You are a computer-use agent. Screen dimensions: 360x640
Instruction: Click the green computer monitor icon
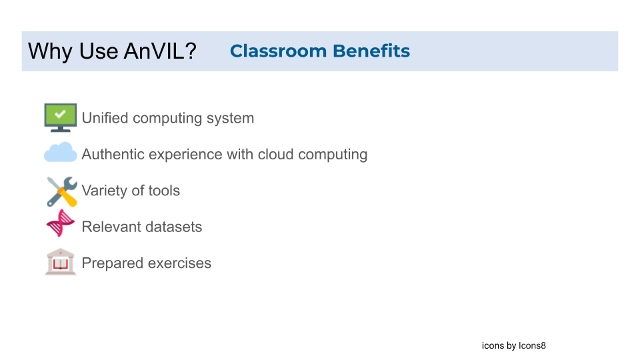point(60,117)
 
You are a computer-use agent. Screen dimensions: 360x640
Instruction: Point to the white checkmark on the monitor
point(60,114)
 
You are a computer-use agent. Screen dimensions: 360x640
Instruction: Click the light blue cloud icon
point(60,153)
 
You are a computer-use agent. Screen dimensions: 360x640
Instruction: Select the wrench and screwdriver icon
point(61,191)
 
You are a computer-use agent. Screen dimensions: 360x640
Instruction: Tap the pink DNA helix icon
point(60,223)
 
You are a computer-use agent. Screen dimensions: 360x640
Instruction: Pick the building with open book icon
point(60,262)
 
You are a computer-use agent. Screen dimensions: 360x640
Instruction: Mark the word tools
point(164,191)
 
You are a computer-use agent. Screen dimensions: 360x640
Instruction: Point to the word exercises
point(181,263)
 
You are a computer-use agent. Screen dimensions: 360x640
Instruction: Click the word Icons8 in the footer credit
point(533,346)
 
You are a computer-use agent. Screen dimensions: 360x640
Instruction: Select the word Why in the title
point(45,51)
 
